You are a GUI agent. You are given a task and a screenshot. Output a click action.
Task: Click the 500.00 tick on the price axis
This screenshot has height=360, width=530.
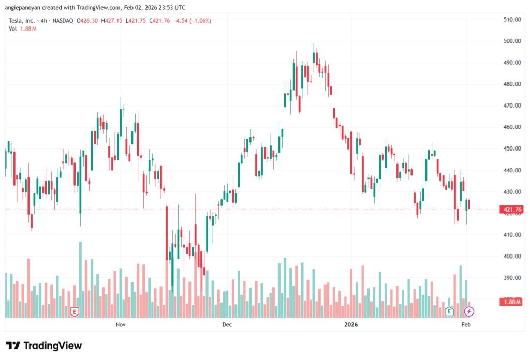coord(511,41)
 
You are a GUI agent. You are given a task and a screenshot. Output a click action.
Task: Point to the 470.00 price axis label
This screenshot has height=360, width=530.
coord(511,106)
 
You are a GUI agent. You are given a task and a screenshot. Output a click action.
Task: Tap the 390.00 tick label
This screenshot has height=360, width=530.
coord(511,278)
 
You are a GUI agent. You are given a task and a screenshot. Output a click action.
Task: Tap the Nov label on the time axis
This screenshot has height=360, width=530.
coord(121,325)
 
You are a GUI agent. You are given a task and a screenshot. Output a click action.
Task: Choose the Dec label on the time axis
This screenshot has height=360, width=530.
coord(227,325)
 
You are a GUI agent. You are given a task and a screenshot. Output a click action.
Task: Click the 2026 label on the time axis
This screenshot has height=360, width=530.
coord(351,325)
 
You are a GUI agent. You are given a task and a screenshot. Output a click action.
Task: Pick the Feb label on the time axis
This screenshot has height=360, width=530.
coord(466,325)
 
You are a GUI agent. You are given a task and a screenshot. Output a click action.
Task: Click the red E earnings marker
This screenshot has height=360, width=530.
coord(75,311)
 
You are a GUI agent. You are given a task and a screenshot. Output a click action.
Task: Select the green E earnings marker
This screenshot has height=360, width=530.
coord(449,311)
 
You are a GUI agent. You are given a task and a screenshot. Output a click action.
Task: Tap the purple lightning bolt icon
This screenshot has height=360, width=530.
coord(469,311)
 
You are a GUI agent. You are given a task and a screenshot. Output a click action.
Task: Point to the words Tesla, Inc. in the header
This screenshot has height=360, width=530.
coord(22,21)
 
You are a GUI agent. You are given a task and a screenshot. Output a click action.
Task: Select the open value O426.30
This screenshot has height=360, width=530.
coord(87,21)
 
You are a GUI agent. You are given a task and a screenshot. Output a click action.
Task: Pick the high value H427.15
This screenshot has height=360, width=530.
coord(112,21)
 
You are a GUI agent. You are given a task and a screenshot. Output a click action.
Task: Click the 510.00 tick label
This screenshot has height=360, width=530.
coord(511,20)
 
